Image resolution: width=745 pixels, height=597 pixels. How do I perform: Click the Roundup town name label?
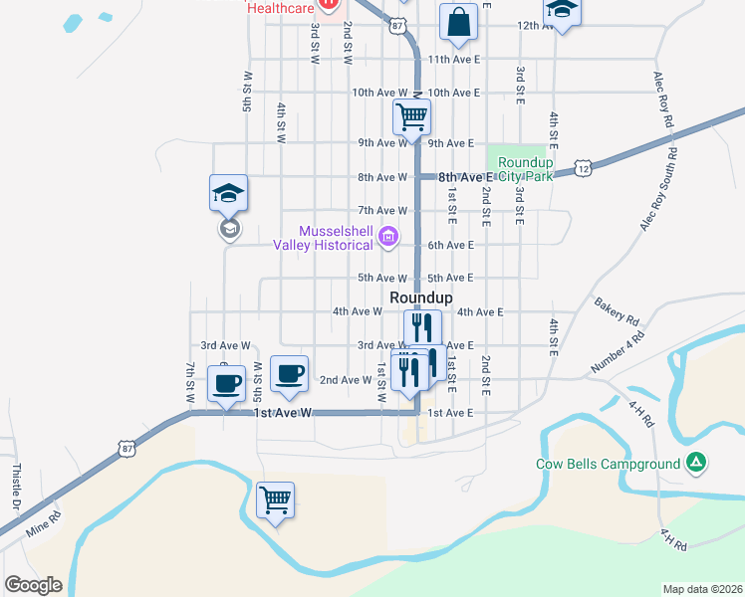click(420, 298)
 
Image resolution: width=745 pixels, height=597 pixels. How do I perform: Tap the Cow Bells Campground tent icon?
click(696, 463)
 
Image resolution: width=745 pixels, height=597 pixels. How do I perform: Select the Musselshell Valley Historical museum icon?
click(389, 237)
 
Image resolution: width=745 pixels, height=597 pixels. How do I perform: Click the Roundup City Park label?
click(525, 169)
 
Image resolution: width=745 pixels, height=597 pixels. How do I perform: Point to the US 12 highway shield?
click(585, 170)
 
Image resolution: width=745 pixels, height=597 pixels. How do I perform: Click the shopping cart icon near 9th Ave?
click(411, 116)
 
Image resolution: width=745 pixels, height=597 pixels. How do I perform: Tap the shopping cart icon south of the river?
click(275, 498)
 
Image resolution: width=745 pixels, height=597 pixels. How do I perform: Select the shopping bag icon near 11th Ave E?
click(458, 22)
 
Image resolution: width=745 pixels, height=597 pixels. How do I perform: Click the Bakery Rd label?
click(617, 311)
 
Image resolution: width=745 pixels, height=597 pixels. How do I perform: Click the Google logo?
click(33, 585)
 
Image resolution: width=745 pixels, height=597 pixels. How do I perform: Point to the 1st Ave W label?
click(283, 412)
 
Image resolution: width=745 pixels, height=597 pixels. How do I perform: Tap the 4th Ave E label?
click(480, 311)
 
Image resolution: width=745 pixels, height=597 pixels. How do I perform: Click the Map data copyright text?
click(702, 589)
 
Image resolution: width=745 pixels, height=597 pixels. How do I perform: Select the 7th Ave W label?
click(383, 211)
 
